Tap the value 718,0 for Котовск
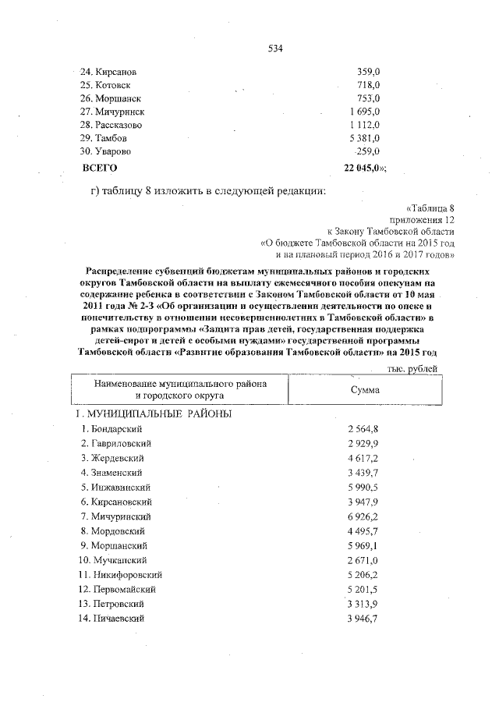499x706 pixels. [367, 84]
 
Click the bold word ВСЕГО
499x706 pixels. [100, 168]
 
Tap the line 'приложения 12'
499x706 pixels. [421, 220]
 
